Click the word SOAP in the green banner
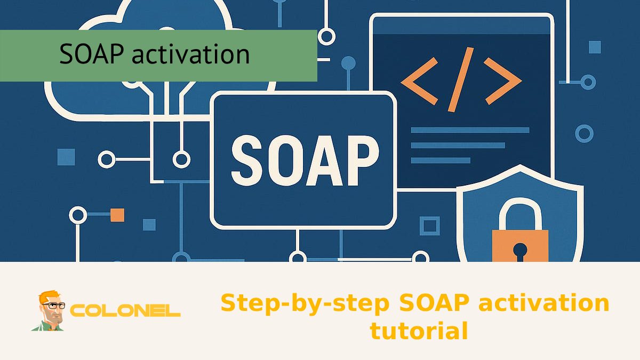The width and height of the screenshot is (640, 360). coord(92,54)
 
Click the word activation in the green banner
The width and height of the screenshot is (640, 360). coord(190,54)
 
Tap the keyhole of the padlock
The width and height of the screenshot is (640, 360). coord(520,250)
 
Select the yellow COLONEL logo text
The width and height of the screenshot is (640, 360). coord(126,311)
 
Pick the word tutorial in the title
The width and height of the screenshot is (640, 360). coord(419,331)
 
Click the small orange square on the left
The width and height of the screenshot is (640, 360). coord(117,215)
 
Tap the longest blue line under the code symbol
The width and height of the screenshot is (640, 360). coord(470,130)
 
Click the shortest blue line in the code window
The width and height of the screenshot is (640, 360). coord(441,160)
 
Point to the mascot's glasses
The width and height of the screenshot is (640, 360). coord(53,306)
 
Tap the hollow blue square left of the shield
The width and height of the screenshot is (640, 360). coord(429,226)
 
